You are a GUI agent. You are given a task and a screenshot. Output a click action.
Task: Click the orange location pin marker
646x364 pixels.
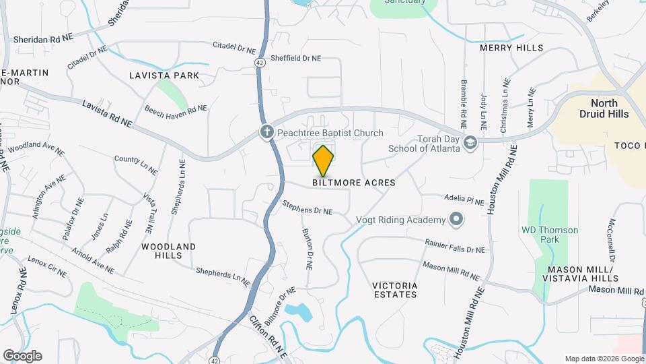[324, 160]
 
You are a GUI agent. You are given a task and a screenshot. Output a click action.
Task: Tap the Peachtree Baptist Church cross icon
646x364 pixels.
[267, 133]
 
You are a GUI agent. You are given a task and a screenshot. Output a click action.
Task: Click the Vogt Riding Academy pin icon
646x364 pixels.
[456, 220]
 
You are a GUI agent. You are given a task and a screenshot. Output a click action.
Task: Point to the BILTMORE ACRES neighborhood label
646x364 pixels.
[353, 183]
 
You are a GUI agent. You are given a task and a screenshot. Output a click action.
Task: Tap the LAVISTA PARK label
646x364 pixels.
[164, 75]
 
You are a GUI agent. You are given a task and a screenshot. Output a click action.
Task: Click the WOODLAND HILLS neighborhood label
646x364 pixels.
[168, 251]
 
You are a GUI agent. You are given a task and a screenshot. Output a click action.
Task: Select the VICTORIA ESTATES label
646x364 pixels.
[394, 290]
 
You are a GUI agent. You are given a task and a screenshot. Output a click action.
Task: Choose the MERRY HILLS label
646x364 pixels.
[511, 49]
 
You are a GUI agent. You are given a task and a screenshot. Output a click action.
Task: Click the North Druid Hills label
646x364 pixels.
[609, 109]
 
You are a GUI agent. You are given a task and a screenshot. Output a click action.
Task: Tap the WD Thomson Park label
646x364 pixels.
[550, 235]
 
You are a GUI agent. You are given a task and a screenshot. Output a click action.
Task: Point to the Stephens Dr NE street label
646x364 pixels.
[308, 206]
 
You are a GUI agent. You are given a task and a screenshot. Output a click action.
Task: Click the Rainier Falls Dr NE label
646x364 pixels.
[455, 245]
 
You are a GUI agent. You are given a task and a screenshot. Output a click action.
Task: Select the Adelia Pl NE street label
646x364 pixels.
[464, 200]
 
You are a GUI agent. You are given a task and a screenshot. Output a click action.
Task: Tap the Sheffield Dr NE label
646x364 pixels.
[295, 59]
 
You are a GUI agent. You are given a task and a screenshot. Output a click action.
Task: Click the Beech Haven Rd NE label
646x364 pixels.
[176, 109]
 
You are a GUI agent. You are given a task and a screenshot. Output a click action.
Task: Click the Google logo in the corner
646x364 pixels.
[22, 356]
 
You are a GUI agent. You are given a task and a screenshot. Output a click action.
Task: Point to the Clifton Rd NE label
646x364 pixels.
[268, 338]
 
